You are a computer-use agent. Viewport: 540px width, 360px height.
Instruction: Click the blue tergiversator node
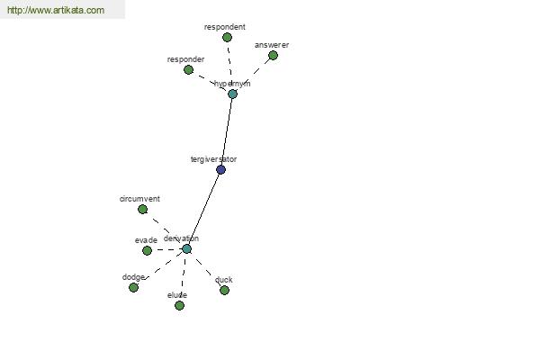[x=220, y=169]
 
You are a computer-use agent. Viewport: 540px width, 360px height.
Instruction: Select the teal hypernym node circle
[x=232, y=94]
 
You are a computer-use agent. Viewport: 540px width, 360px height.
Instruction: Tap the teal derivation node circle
[x=186, y=248]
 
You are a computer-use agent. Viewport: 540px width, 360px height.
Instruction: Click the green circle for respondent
[x=227, y=37]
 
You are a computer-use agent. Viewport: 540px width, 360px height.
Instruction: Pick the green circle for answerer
[x=273, y=55]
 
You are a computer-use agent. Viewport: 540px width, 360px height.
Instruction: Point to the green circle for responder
[x=188, y=69]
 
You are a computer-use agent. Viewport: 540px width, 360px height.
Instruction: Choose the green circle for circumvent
[x=142, y=209]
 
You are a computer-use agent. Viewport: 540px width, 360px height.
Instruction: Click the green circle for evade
[x=147, y=250]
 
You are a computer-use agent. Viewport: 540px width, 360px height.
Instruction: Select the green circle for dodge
[x=133, y=287]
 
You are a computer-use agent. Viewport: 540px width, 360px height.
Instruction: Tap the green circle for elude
[x=179, y=305]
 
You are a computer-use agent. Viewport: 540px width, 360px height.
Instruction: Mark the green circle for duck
[x=224, y=290]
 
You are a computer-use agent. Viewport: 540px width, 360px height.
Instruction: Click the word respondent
[x=224, y=27]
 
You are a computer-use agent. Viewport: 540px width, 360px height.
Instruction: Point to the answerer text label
[x=272, y=45]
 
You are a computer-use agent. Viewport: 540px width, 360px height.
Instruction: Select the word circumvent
[x=139, y=199]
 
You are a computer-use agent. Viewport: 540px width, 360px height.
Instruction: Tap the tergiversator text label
[x=213, y=159]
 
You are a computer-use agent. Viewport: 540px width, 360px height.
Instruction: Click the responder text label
[x=185, y=59]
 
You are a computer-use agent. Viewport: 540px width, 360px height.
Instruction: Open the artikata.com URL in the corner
[x=56, y=10]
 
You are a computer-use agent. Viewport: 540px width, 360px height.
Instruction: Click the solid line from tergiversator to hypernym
[x=227, y=131]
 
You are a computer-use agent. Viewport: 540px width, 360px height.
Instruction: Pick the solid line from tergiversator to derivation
[x=203, y=209]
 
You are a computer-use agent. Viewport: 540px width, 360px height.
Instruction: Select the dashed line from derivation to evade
[x=166, y=250]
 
